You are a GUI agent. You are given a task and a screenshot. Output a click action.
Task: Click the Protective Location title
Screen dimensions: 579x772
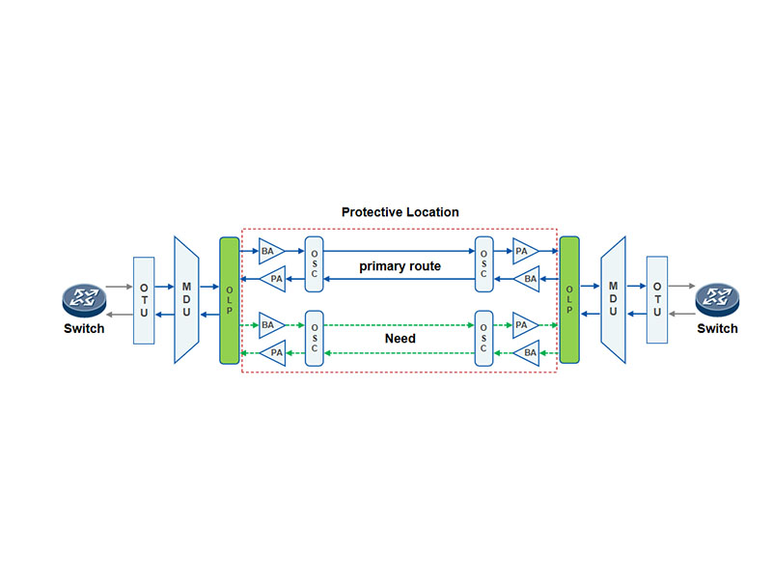(x=400, y=211)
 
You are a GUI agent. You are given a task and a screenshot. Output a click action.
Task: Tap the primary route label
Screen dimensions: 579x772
(x=400, y=265)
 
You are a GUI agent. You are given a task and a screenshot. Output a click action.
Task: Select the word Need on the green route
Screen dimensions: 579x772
(x=400, y=339)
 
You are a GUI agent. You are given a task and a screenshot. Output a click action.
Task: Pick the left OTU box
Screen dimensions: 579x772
(x=144, y=300)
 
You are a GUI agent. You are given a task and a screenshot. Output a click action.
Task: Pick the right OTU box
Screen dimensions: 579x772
(x=656, y=300)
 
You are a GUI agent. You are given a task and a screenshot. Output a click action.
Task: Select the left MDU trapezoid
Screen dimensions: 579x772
(x=186, y=300)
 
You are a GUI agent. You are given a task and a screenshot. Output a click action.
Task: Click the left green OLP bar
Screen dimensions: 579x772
(x=229, y=300)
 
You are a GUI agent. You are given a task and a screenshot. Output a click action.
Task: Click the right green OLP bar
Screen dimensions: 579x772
(x=569, y=300)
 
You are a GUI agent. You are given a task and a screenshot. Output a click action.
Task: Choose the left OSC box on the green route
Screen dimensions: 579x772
(x=312, y=339)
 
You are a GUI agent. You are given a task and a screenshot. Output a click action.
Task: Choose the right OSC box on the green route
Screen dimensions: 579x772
(x=484, y=339)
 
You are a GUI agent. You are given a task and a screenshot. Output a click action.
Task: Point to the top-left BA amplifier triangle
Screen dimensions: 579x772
(x=269, y=251)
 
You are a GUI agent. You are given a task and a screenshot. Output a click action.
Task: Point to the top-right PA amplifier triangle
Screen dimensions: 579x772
(x=524, y=251)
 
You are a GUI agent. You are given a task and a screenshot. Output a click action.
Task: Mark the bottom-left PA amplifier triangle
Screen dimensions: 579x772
(x=274, y=353)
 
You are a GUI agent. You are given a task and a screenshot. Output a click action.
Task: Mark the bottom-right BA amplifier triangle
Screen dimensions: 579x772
(x=529, y=353)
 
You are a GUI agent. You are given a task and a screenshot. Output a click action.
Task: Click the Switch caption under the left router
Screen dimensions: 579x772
(x=84, y=329)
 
